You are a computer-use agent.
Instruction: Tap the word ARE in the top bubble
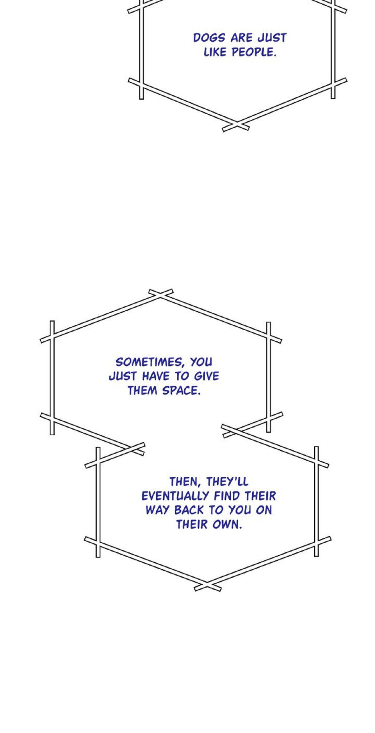click(x=241, y=38)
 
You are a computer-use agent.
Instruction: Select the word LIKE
click(x=215, y=52)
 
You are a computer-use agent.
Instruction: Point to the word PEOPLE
click(x=254, y=52)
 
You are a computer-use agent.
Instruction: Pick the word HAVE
click(x=156, y=376)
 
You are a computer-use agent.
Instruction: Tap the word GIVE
click(x=207, y=376)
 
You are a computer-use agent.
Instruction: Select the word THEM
click(x=142, y=391)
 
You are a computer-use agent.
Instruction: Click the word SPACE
click(x=182, y=391)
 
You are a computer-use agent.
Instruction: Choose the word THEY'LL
click(x=227, y=482)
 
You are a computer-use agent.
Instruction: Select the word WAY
click(x=158, y=510)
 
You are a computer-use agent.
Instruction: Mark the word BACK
click(x=189, y=510)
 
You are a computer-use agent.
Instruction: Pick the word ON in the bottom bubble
click(x=264, y=510)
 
